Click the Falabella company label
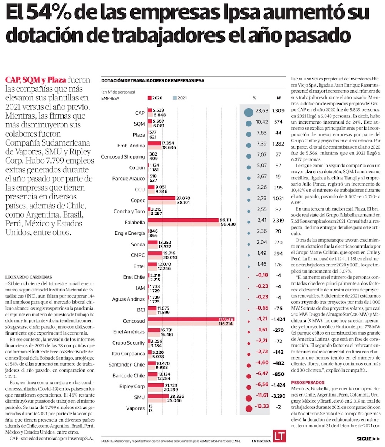(135, 223)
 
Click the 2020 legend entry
(156, 98)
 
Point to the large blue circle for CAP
(248, 112)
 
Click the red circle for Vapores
(248, 408)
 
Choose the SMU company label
(139, 397)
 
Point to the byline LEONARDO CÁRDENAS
(29, 277)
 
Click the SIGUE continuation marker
(368, 439)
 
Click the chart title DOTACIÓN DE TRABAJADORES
(152, 80)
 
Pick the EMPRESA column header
(110, 98)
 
